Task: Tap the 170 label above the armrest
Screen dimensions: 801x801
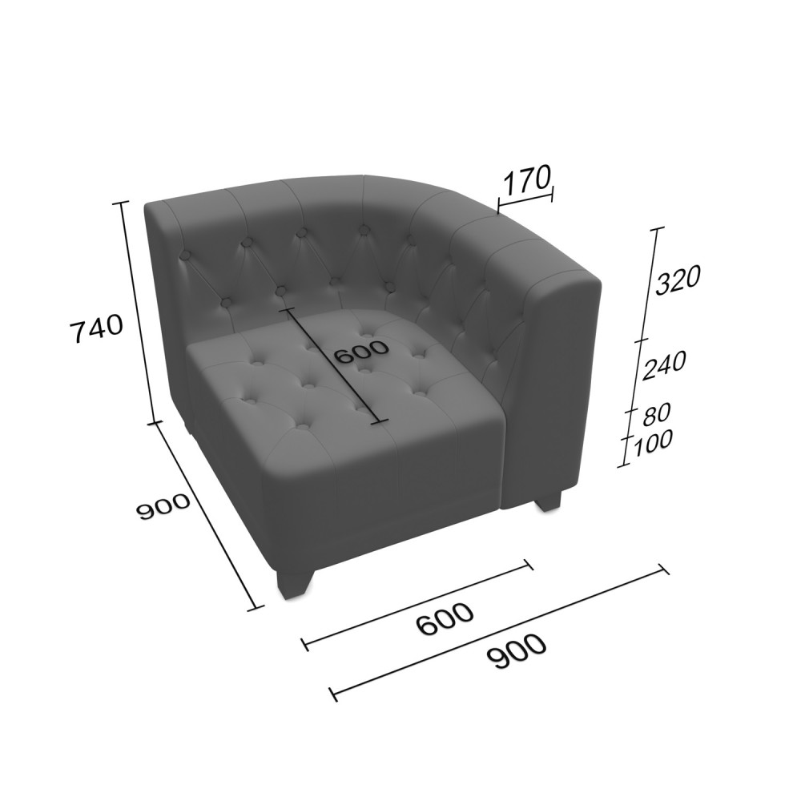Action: (x=527, y=179)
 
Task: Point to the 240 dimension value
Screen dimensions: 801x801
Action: (x=663, y=366)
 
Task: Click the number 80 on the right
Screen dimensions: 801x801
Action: (x=656, y=415)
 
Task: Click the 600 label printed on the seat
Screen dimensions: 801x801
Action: (x=363, y=352)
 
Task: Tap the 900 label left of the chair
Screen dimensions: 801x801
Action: (x=163, y=506)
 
